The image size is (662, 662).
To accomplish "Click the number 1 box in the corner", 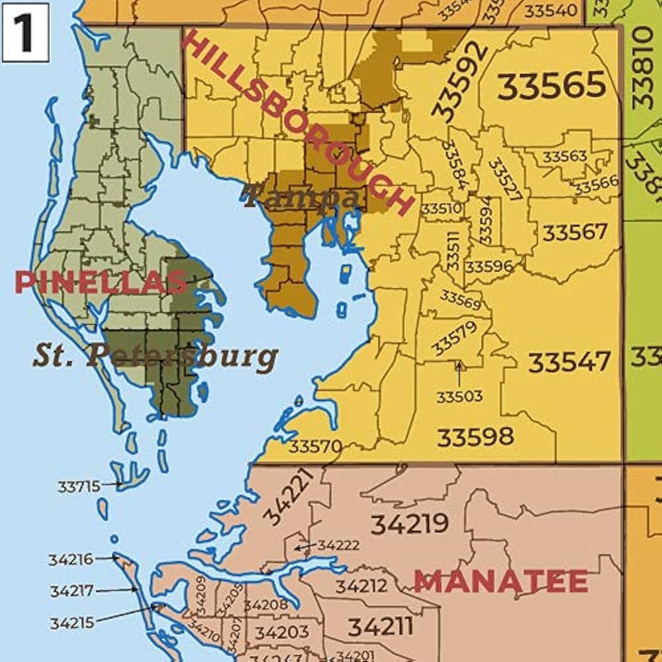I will tap(25, 32).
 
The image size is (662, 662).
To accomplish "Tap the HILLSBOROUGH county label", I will tap(296, 123).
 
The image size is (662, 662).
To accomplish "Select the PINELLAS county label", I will tap(101, 283).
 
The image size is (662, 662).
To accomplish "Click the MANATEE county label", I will tap(501, 582).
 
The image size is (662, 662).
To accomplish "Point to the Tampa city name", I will tap(301, 197).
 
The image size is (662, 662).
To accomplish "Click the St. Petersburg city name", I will tap(155, 356).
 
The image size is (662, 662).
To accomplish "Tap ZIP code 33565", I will tap(551, 86).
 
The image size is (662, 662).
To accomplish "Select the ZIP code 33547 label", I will tap(569, 362).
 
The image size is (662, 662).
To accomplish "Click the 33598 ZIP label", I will tap(475, 437).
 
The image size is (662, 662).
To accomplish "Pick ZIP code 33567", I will tap(575, 232).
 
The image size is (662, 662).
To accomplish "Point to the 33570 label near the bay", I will tap(316, 446).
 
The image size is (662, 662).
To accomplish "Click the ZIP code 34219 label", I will tap(409, 524).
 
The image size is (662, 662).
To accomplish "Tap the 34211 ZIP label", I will tap(381, 626).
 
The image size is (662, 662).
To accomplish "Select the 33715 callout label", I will tap(79, 487).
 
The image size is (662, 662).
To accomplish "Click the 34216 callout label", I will tap(71, 560).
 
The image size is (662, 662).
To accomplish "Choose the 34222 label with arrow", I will tap(338, 545).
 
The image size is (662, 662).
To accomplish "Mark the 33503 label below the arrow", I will tap(459, 397).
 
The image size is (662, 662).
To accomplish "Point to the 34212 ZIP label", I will tap(361, 587).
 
